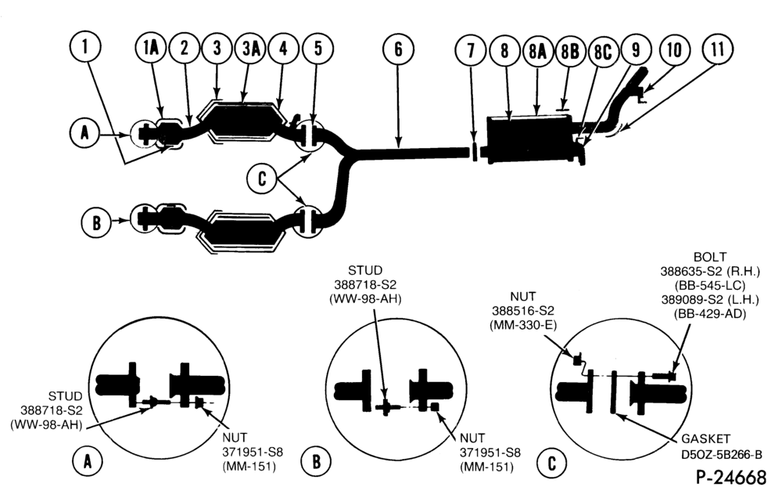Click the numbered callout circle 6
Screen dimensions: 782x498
pyautogui.click(x=398, y=49)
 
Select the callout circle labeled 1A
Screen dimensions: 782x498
pyautogui.click(x=151, y=49)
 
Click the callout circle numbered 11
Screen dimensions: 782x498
pyautogui.click(x=717, y=49)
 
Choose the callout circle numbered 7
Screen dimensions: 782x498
pyautogui.click(x=471, y=50)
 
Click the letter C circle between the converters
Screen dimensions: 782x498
pyautogui.click(x=262, y=179)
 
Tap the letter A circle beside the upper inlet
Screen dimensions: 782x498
pyautogui.click(x=85, y=133)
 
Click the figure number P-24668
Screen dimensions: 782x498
pyautogui.click(x=731, y=478)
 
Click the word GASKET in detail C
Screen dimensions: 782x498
pyautogui.click(x=705, y=438)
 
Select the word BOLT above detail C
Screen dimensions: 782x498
pyautogui.click(x=710, y=258)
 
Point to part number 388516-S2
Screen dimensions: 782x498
pyautogui.click(x=523, y=311)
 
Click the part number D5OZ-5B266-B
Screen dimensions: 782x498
pyautogui.click(x=721, y=455)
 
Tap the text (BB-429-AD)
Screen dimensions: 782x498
pyautogui.click(x=710, y=314)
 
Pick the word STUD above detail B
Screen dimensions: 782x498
pyautogui.click(x=365, y=270)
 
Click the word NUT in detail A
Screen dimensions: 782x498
pyautogui.click(x=235, y=438)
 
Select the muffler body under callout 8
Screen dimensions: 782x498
pyautogui.click(x=529, y=139)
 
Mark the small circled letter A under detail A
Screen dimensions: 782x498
pyautogui.click(x=88, y=461)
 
